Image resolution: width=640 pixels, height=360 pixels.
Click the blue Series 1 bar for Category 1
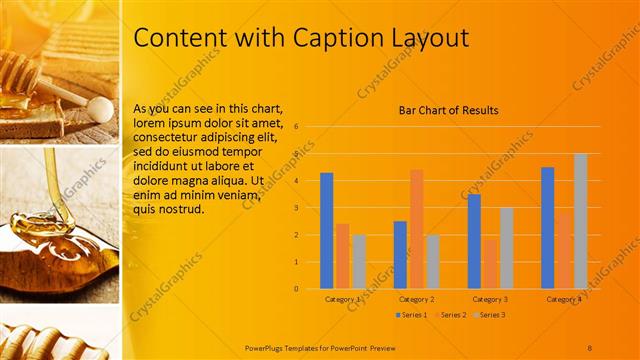click(326, 231)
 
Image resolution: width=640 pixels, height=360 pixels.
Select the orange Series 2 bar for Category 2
click(416, 229)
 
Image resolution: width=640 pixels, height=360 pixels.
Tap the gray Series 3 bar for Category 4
click(580, 221)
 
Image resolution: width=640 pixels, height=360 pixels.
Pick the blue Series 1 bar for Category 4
click(547, 228)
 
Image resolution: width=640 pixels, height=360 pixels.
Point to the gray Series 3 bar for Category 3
click(506, 248)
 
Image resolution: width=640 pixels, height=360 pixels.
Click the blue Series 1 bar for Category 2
click(400, 254)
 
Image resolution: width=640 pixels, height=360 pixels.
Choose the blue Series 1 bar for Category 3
click(474, 241)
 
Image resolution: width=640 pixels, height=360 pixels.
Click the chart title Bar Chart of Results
click(448, 110)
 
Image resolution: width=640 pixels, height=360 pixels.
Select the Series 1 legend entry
click(411, 315)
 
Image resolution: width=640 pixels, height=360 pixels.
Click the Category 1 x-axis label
click(343, 299)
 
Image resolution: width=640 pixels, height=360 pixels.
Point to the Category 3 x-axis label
click(490, 299)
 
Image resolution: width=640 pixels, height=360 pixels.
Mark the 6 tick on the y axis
click(296, 127)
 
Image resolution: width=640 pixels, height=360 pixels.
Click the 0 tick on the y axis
click(296, 288)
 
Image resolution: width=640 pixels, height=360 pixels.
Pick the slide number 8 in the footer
click(589, 346)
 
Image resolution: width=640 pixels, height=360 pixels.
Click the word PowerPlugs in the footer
click(268, 346)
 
